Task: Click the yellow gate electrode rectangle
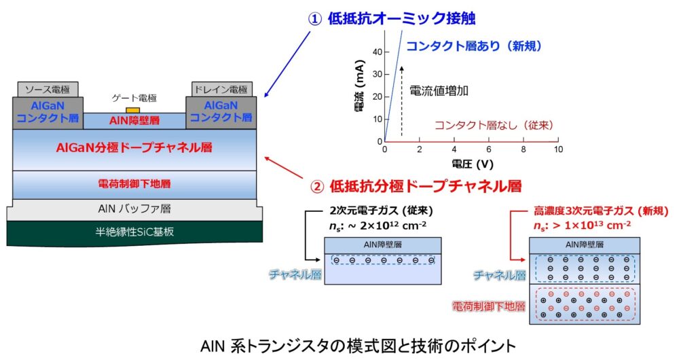(133, 110)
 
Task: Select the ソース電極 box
(48, 90)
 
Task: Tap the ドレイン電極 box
(223, 90)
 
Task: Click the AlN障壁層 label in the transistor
(134, 121)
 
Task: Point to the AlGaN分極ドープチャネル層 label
(134, 149)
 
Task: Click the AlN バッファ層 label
(134, 209)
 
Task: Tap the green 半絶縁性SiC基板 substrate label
(134, 232)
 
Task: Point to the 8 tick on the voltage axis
(524, 149)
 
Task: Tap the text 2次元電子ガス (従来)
(381, 211)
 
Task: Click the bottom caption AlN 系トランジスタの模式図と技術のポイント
(339, 344)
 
